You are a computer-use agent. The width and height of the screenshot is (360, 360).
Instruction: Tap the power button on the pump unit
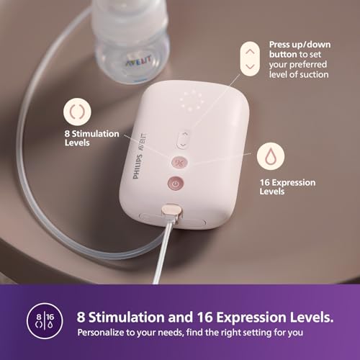pos(176,184)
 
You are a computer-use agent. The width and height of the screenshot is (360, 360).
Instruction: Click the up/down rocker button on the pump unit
pos(183,140)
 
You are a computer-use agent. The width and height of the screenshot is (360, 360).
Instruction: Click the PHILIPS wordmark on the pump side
pos(137,166)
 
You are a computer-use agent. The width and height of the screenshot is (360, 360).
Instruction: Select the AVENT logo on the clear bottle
pos(139,61)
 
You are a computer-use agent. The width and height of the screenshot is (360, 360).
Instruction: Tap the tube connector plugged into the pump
pos(172,212)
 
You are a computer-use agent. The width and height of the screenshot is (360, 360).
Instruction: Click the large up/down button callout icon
pos(250,59)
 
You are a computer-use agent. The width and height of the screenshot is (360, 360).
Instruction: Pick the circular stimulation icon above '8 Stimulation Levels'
pos(77,112)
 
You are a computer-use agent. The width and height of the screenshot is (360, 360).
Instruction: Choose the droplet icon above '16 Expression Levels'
pos(271,156)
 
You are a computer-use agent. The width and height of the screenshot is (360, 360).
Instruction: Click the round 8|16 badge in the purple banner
pos(45,321)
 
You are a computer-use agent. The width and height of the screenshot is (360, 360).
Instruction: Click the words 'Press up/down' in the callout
pos(300,45)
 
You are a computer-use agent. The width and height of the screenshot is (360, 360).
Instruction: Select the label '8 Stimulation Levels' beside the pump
pos(91,138)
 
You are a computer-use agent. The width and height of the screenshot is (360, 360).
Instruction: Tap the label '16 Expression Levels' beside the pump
pos(287,186)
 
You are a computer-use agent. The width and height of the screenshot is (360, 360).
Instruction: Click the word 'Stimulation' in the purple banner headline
pos(127,317)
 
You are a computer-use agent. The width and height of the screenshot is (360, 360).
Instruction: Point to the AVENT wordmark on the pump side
pos(142,142)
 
